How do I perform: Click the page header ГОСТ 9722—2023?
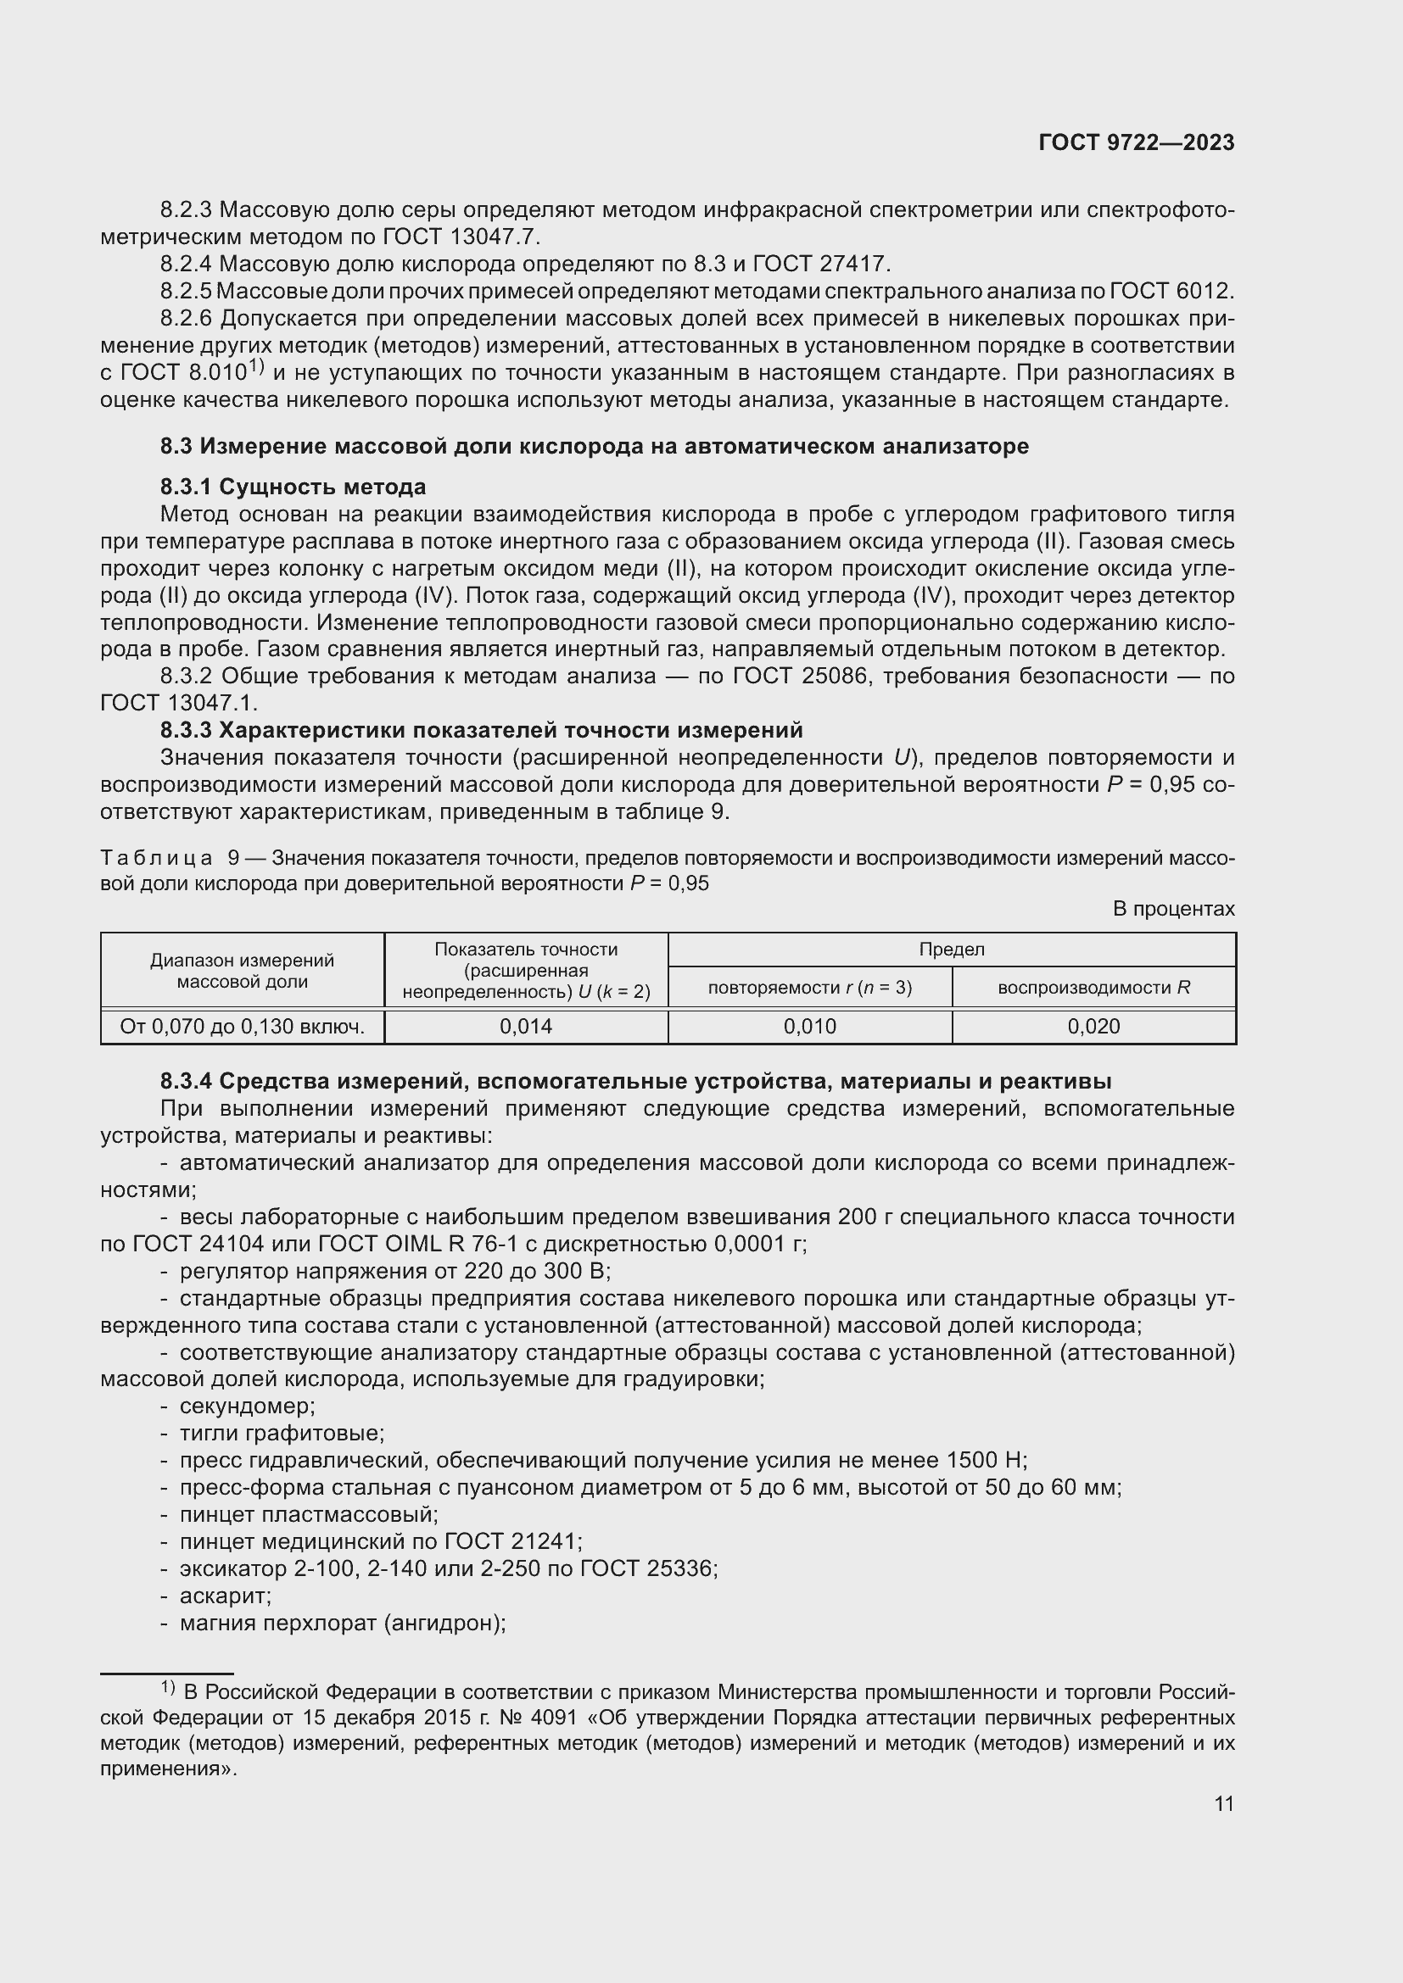(1136, 143)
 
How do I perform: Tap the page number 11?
(1223, 1803)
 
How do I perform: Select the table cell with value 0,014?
(525, 1026)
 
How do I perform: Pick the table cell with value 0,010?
(809, 1026)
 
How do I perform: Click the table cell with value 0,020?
(1093, 1026)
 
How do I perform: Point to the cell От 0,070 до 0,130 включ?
(242, 1026)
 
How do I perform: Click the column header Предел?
(951, 950)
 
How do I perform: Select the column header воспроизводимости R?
(1093, 987)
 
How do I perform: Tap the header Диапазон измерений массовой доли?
(242, 971)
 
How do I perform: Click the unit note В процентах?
(1172, 909)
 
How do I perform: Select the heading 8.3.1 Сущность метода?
(293, 487)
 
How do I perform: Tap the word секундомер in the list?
(246, 1406)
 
